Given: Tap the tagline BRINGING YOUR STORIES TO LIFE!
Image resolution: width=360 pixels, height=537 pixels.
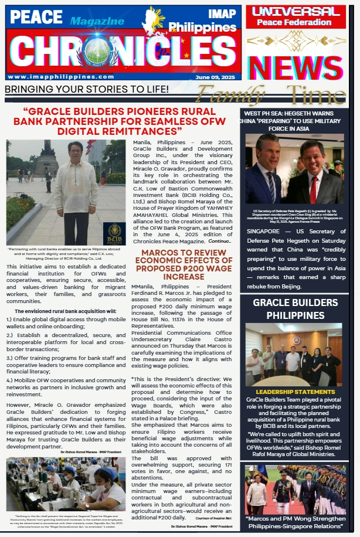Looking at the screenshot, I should click(86, 89).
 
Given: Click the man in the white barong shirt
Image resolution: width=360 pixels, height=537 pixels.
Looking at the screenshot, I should click(74, 188).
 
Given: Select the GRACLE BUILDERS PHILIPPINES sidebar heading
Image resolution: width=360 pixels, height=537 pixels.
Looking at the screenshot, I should click(296, 308).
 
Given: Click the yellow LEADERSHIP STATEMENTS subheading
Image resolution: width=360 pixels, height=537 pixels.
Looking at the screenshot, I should click(295, 391).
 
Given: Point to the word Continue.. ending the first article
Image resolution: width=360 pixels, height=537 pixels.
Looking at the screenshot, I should click(220, 241).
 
